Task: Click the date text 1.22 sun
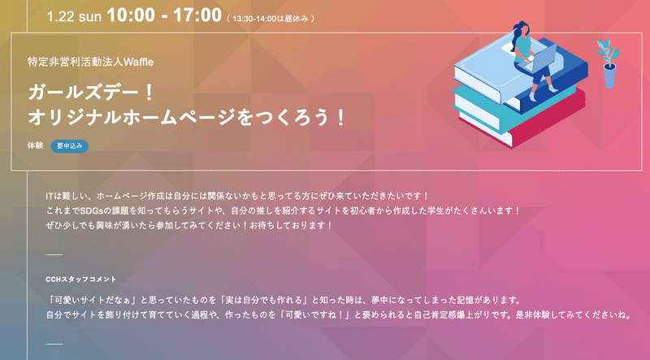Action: point(74,16)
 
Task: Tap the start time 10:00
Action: point(130,15)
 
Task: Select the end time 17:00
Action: point(197,15)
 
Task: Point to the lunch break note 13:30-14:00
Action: point(254,19)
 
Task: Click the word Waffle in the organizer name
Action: point(138,63)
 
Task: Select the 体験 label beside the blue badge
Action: point(35,145)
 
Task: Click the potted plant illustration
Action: point(609,63)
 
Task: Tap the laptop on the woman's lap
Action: point(542,57)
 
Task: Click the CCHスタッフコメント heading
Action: point(81,280)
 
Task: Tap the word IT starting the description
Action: point(50,196)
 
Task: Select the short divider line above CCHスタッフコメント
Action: point(54,254)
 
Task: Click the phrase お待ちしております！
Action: point(291,226)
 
